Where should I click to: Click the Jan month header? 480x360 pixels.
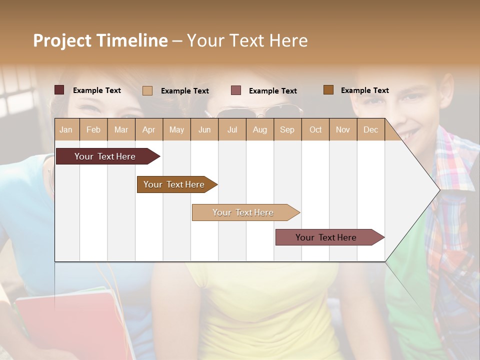[66, 130]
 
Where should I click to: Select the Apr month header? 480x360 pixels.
[148, 130]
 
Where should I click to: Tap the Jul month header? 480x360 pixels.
[232, 130]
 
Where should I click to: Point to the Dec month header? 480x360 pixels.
[370, 130]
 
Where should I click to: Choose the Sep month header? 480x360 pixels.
[287, 130]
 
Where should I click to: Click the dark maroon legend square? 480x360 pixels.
[59, 90]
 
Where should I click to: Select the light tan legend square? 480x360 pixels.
[147, 90]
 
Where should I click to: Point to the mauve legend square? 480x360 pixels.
[236, 90]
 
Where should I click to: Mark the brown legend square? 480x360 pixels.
[328, 90]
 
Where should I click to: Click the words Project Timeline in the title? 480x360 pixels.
[100, 40]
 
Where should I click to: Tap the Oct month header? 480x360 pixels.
[315, 130]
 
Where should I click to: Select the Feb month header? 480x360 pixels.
[93, 130]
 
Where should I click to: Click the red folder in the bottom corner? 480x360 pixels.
[65, 325]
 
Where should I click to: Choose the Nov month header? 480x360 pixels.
[343, 130]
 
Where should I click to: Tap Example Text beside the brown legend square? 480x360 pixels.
[364, 90]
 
